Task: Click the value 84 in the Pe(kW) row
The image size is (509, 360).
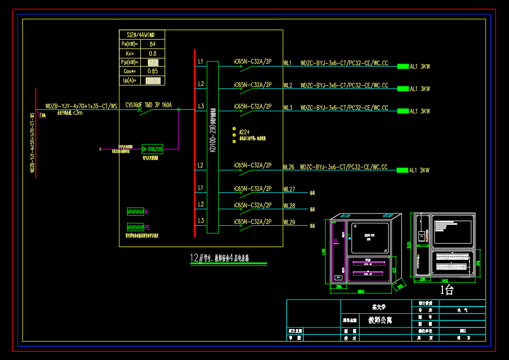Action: point(152,44)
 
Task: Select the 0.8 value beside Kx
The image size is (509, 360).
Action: point(152,53)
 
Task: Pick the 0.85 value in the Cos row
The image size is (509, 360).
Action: point(152,71)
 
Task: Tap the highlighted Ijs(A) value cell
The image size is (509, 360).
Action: point(153,80)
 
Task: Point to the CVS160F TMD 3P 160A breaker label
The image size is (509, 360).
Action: point(149,106)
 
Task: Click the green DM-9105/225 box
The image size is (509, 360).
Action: point(152,149)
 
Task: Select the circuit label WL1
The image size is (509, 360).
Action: point(288,64)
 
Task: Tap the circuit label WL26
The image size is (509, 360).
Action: point(289,167)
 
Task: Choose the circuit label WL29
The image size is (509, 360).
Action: point(289,222)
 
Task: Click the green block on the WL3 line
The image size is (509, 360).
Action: point(403,111)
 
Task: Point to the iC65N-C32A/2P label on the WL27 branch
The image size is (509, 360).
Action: point(252,189)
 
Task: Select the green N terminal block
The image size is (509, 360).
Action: point(135,211)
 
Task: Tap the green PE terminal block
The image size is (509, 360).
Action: point(135,227)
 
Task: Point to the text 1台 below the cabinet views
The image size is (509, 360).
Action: point(447,290)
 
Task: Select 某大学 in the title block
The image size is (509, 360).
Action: point(379,307)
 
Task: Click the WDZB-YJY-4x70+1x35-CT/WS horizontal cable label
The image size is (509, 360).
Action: point(81,106)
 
